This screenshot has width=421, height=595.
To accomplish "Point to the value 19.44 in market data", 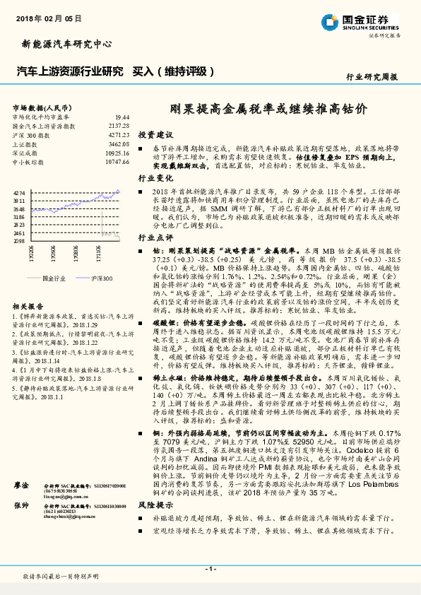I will coord(122,117).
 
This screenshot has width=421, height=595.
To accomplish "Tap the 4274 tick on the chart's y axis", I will coord(19,192).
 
